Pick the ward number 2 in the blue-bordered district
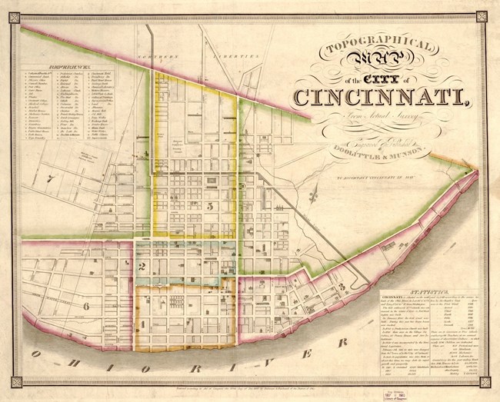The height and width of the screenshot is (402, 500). [x=143, y=266]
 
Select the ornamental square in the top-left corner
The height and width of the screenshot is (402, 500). [x=7, y=7]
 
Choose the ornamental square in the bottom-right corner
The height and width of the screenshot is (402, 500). [x=493, y=395]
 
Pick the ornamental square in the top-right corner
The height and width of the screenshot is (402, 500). [x=493, y=7]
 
